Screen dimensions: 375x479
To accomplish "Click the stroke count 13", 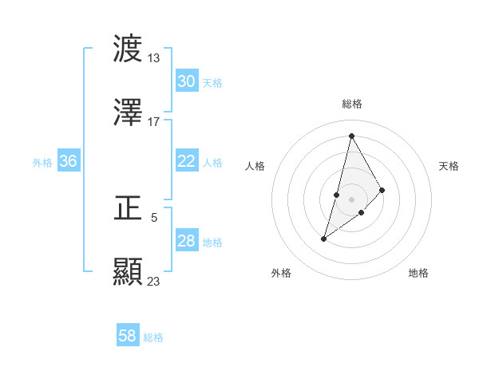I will click(x=154, y=57).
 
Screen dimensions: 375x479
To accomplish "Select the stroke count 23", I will click(x=154, y=281).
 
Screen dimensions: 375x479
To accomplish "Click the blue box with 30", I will click(x=186, y=81).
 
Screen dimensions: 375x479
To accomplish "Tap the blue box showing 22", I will click(x=186, y=161).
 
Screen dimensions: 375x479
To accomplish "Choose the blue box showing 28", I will click(x=186, y=241).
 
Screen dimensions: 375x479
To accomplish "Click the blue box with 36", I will click(x=68, y=161).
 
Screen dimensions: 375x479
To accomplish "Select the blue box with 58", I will click(x=127, y=336).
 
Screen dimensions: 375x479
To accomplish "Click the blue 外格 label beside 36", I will click(x=42, y=162).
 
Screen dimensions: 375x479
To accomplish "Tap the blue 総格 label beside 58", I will click(x=153, y=337).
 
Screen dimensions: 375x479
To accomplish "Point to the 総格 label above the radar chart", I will click(x=352, y=104).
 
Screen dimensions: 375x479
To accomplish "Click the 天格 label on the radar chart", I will click(x=449, y=166).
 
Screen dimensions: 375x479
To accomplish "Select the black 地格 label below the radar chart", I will click(x=418, y=274).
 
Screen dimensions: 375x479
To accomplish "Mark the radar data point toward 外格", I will click(x=324, y=239).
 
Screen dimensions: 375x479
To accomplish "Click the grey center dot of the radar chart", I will click(x=352, y=199).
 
